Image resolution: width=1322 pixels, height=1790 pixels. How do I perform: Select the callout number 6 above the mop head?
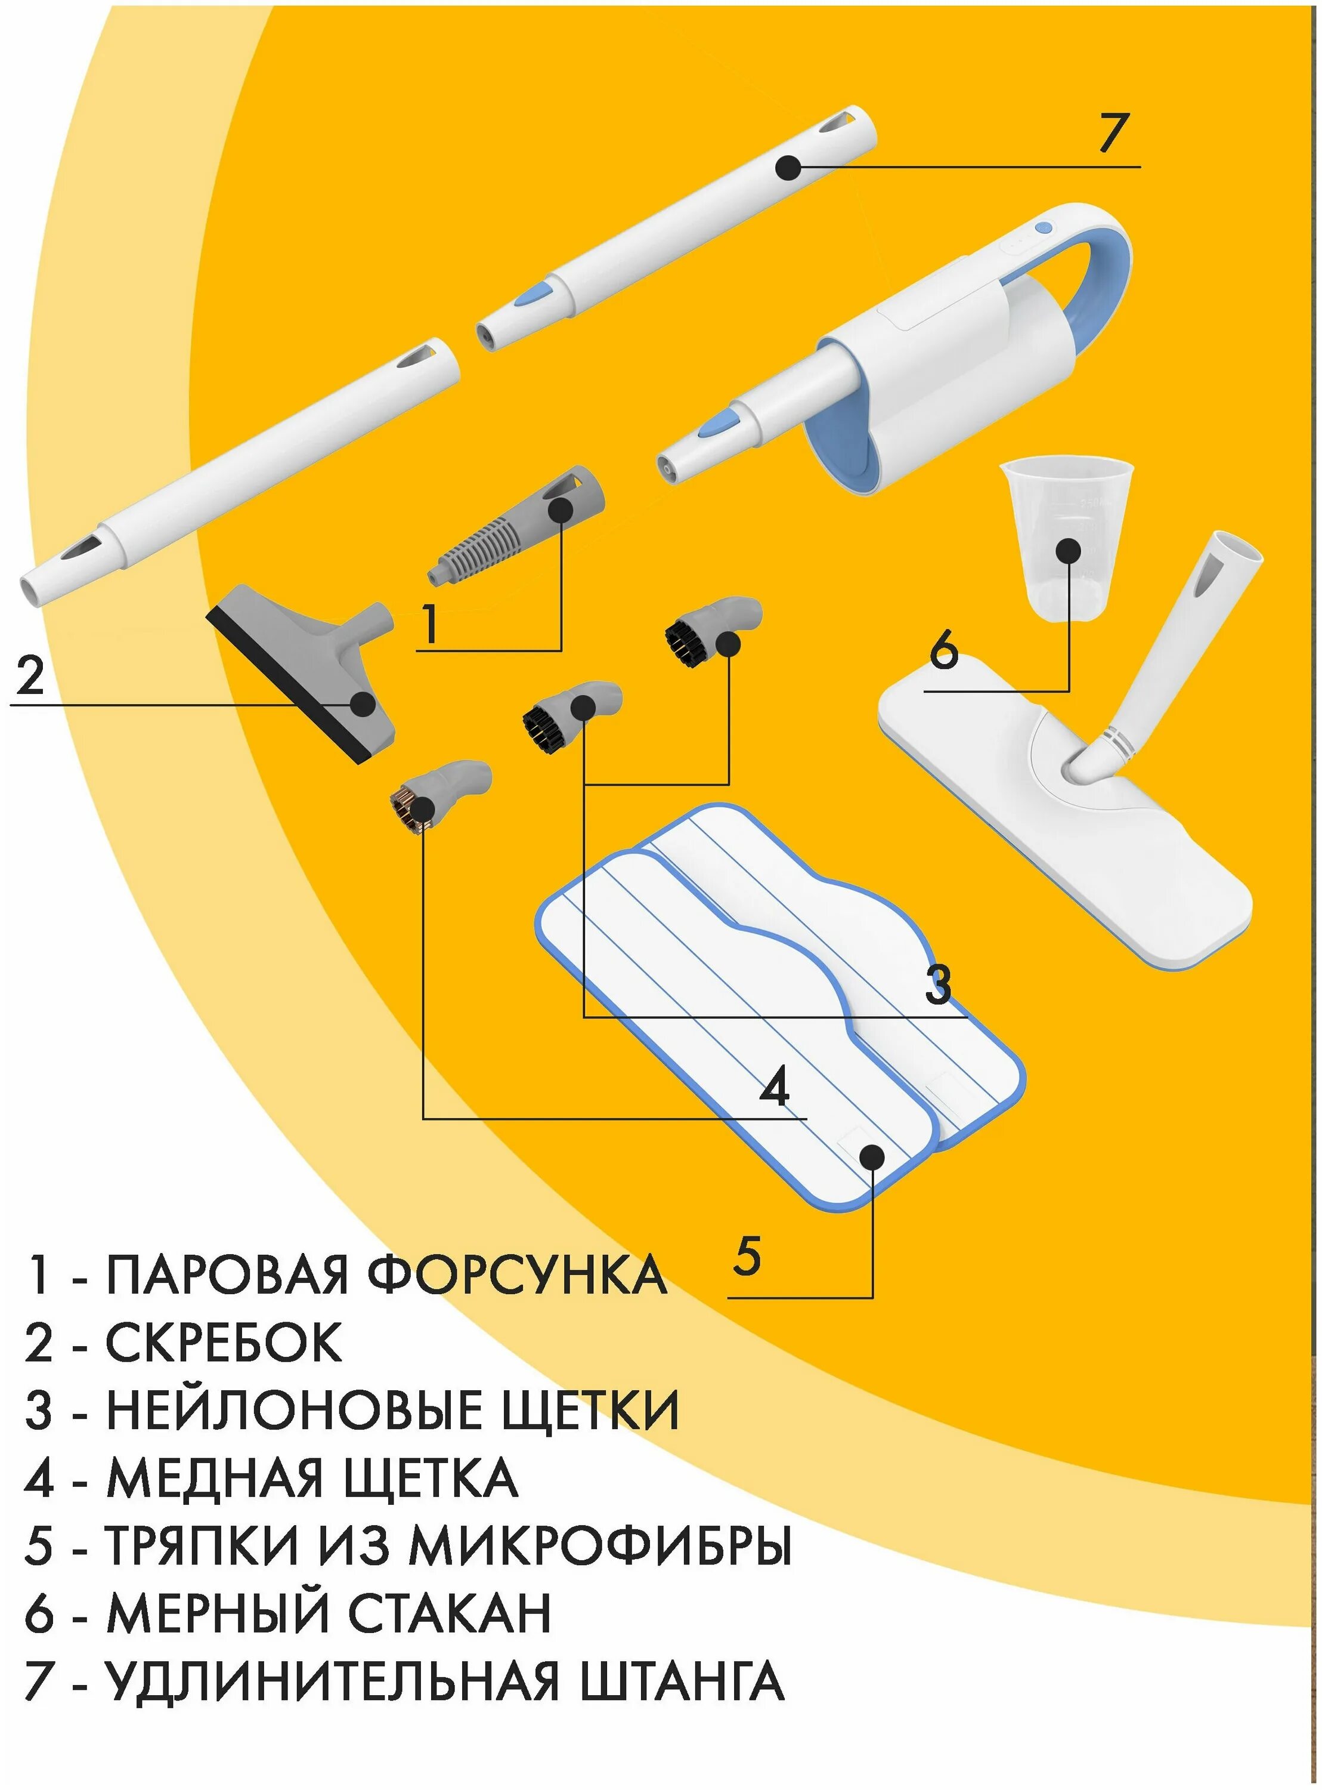click(943, 649)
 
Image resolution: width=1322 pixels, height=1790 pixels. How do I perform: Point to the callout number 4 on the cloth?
click(774, 1087)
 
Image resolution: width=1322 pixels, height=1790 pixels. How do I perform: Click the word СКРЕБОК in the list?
click(224, 1343)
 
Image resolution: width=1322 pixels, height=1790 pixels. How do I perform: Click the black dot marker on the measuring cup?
click(1069, 551)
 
